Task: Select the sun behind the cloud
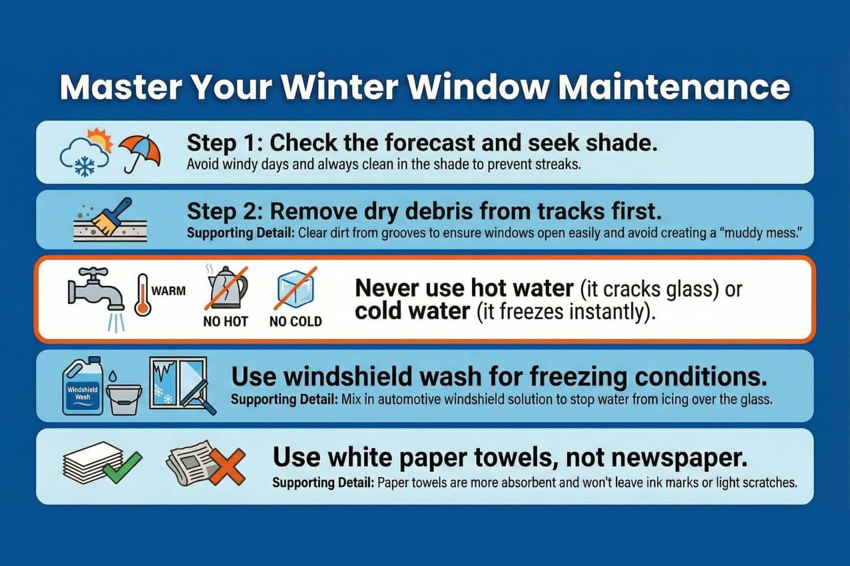tap(98, 139)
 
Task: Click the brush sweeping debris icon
tap(110, 218)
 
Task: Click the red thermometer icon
tap(142, 295)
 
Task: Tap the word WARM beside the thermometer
tap(168, 291)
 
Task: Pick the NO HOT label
tap(226, 321)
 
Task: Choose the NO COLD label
tap(295, 321)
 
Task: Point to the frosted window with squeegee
tap(180, 384)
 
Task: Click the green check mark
tap(125, 466)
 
